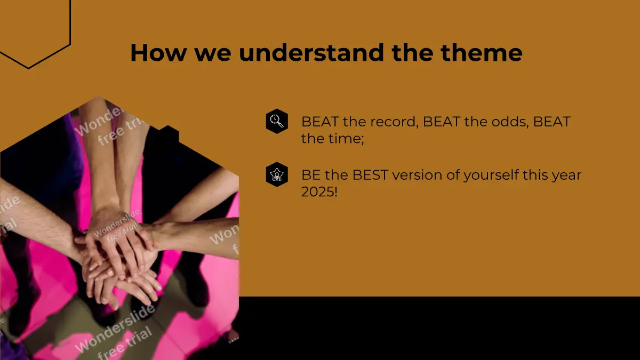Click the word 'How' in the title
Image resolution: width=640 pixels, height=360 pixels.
[158, 53]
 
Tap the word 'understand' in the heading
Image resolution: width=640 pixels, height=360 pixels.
[311, 53]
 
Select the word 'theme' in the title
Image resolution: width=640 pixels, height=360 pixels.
[482, 53]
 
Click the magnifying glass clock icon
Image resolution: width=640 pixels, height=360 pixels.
[277, 121]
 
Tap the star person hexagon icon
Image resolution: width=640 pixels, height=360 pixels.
[277, 174]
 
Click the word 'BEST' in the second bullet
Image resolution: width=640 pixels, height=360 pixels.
[370, 175]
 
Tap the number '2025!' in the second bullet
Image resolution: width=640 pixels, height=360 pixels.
[319, 191]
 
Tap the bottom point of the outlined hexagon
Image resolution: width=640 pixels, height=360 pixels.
[28, 68]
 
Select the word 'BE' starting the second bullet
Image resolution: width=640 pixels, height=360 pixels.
[311, 175]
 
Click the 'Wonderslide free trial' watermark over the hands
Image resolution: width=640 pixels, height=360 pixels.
[117, 227]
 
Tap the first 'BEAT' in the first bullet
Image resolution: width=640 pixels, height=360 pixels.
[320, 122]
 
